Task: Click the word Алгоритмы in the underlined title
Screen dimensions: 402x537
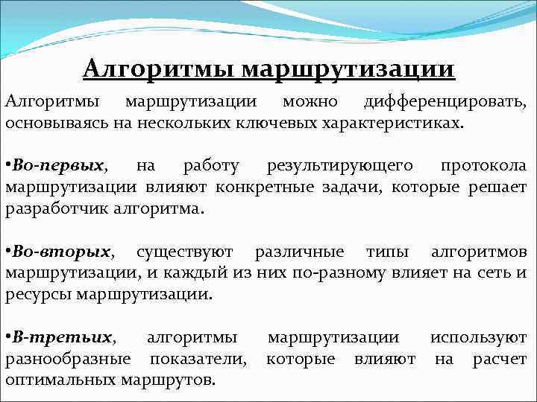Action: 158,69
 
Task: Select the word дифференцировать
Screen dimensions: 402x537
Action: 445,101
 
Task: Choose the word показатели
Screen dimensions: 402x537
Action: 198,359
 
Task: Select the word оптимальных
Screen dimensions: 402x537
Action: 60,380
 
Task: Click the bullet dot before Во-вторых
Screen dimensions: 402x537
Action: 8,250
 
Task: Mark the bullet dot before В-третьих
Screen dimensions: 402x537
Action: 8,337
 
